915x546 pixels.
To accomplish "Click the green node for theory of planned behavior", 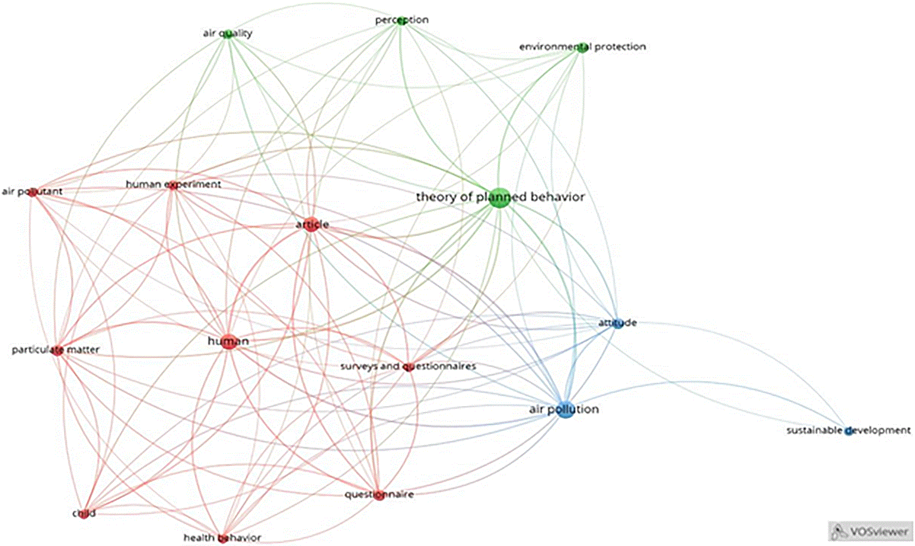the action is [x=499, y=198].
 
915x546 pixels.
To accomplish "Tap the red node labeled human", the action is [x=229, y=341].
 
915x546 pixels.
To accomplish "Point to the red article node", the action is [x=311, y=225].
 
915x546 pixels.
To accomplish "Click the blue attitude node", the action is [x=618, y=323].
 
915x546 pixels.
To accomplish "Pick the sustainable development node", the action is [x=849, y=431].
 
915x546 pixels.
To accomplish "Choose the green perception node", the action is [x=401, y=21].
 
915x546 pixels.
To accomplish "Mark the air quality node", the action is [x=228, y=34].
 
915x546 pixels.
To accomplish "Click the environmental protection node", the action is [x=583, y=48].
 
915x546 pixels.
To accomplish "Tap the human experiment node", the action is [x=173, y=186].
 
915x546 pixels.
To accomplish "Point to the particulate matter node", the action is [x=58, y=350].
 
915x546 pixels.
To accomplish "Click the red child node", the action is [x=84, y=514].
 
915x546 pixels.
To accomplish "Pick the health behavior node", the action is [x=223, y=539].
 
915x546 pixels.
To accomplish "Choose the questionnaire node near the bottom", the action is [x=379, y=495].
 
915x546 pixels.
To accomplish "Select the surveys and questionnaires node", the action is [x=408, y=367].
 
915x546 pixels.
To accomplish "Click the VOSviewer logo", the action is [x=871, y=532].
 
